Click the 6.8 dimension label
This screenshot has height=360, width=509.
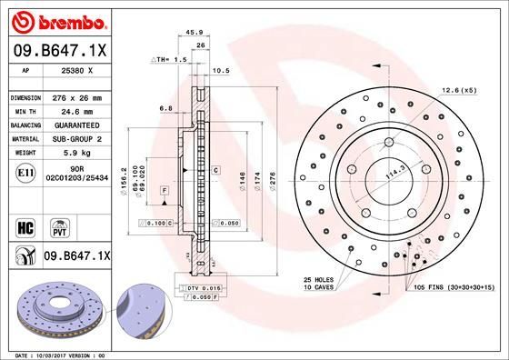pos(166,107)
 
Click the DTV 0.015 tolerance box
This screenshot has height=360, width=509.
pos(203,288)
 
